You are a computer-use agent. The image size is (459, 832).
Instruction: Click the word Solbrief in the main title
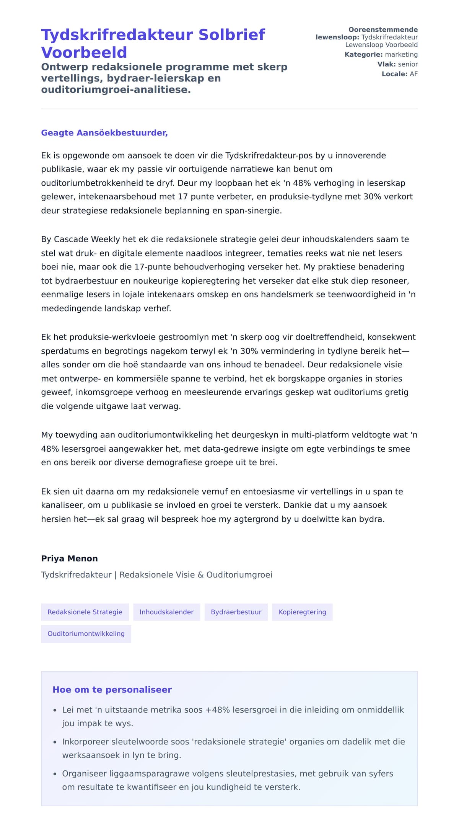(231, 35)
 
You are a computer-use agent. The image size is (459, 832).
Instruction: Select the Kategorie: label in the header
(363, 55)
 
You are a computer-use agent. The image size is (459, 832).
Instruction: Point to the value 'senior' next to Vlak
(408, 64)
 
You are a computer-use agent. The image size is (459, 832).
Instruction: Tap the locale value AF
(413, 74)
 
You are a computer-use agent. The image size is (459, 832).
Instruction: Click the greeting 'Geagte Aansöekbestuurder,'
(104, 133)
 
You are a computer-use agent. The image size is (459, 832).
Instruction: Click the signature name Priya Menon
(69, 558)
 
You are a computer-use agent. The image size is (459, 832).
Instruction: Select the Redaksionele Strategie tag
(85, 612)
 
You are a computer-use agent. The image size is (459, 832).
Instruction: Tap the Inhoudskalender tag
(166, 612)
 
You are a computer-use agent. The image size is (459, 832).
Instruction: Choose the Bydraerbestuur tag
(236, 612)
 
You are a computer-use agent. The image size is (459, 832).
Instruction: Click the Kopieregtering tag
(302, 612)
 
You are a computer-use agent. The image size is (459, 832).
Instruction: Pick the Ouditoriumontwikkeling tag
(86, 634)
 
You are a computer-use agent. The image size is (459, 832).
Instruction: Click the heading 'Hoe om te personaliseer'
(112, 690)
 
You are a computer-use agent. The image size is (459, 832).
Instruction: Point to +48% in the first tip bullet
(217, 710)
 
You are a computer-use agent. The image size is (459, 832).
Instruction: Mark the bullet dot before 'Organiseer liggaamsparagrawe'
(55, 774)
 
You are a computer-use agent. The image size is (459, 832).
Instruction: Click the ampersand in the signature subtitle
(200, 575)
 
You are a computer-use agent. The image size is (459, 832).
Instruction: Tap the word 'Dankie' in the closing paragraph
(298, 505)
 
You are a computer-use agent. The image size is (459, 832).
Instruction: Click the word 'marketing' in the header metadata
(401, 55)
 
